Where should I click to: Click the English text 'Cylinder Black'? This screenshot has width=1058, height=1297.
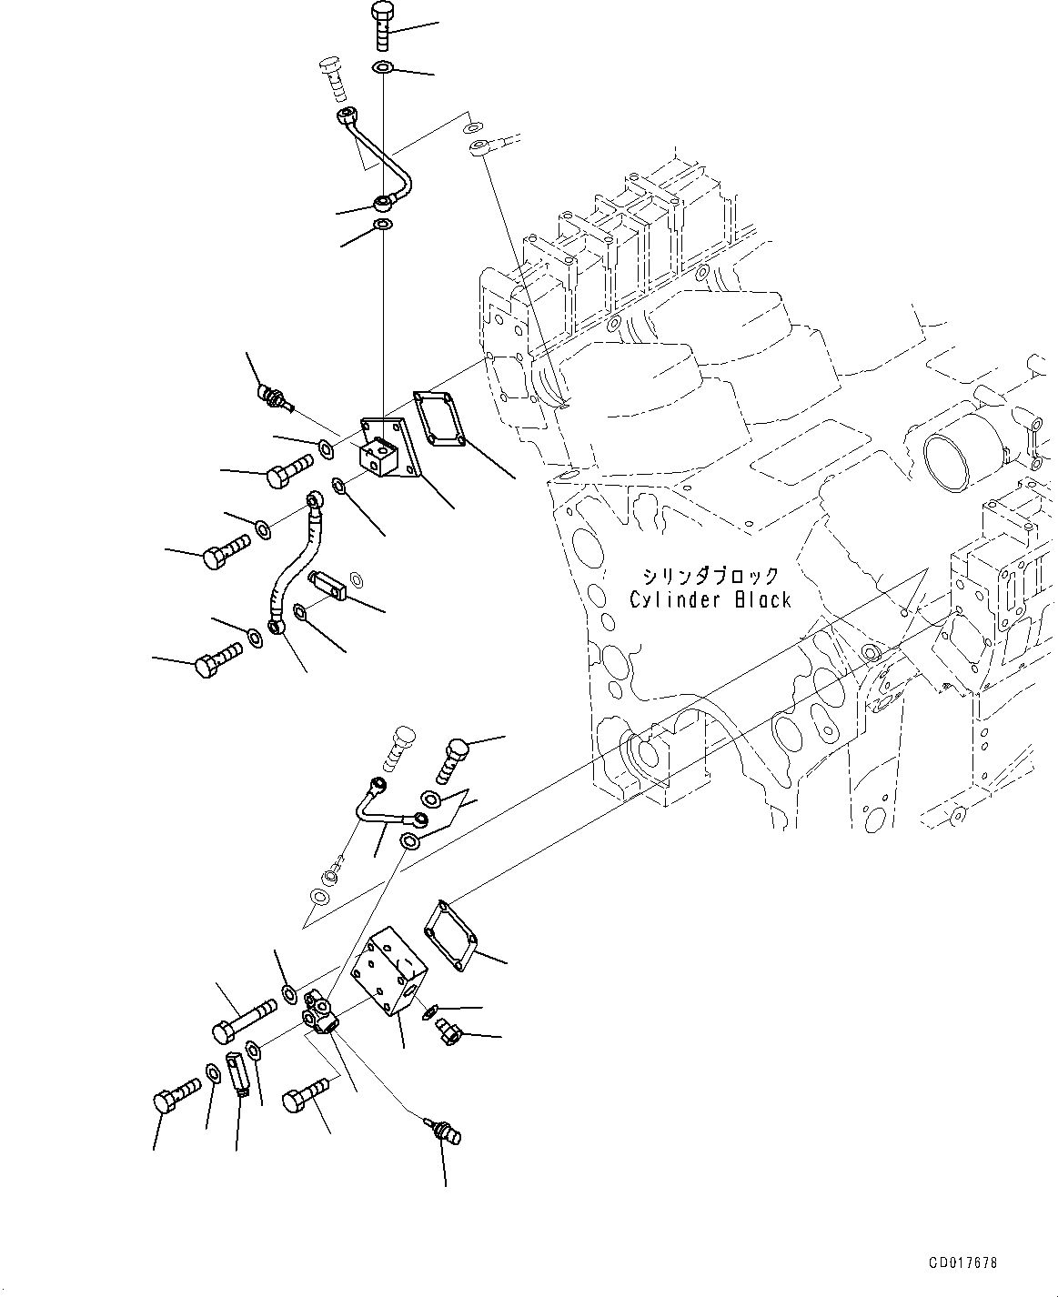point(710,600)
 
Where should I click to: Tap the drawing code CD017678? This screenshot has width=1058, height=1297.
point(962,1263)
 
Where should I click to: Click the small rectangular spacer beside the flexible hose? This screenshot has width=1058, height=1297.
point(329,584)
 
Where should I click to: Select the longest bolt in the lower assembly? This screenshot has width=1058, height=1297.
point(244,1020)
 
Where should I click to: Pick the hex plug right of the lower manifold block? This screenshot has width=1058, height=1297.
point(448,1032)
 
